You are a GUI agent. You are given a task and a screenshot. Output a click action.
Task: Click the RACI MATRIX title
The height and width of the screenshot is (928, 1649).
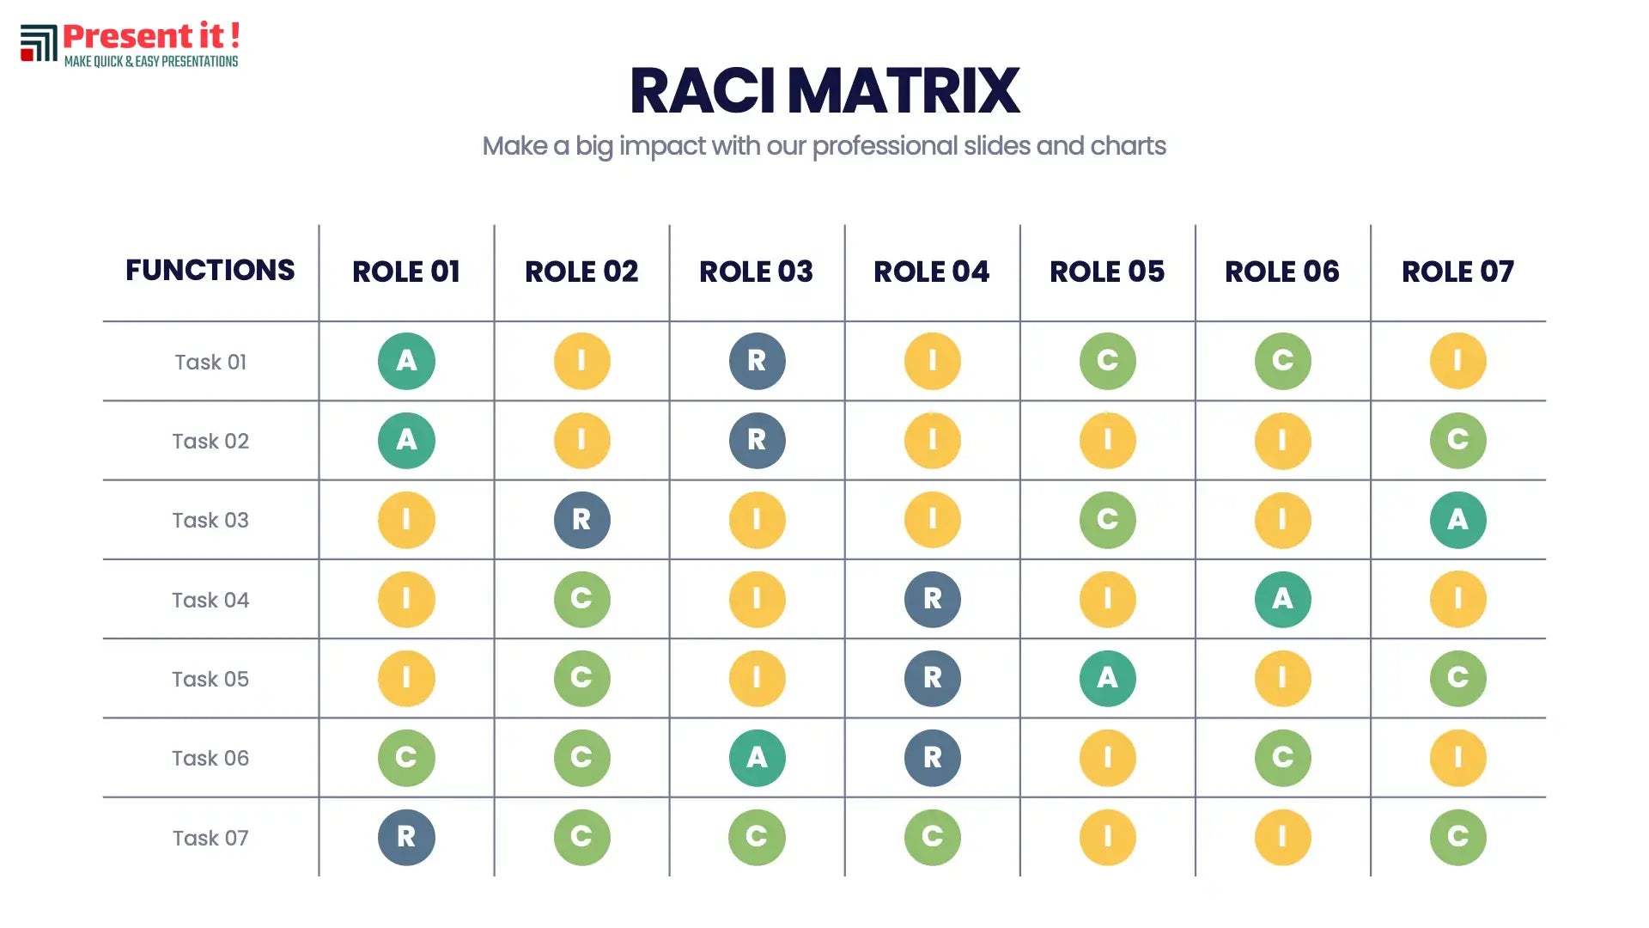[824, 91]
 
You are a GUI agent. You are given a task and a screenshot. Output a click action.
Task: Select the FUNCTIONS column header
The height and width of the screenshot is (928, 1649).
[210, 270]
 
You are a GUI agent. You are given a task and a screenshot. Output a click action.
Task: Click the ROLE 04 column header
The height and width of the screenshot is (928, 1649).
[932, 272]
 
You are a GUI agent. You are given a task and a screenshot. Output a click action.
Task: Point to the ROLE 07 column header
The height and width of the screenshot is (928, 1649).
[1457, 272]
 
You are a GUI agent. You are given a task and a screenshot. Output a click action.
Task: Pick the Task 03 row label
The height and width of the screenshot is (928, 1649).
[210, 520]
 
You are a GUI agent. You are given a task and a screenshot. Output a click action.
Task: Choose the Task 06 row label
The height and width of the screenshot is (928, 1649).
[210, 758]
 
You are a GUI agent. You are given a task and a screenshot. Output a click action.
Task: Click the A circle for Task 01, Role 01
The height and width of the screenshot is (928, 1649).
[406, 361]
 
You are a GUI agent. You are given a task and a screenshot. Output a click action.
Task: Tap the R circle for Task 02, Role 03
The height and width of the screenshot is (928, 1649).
[757, 440]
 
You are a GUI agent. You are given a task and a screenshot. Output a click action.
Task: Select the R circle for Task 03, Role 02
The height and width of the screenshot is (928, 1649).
[581, 520]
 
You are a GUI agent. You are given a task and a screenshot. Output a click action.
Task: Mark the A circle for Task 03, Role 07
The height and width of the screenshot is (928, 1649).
[1457, 520]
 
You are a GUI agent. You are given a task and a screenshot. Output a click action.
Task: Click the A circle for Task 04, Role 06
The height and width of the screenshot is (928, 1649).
[1282, 599]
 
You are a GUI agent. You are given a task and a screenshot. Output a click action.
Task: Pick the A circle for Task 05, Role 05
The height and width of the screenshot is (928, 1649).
[1107, 678]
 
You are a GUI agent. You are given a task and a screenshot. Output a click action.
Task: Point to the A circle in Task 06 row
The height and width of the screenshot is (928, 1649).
[757, 758]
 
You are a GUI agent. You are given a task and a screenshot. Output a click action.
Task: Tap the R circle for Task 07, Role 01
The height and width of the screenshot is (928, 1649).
[406, 837]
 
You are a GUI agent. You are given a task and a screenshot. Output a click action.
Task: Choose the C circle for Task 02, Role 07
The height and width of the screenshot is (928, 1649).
[1457, 440]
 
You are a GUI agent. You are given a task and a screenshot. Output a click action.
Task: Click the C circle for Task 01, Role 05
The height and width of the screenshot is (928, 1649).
[1107, 361]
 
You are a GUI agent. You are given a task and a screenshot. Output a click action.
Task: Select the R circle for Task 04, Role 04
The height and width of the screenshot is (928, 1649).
[932, 599]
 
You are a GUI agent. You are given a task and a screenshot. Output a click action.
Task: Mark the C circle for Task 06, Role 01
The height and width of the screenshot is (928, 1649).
[406, 758]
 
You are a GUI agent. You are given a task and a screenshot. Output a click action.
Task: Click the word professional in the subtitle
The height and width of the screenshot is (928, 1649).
[885, 146]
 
